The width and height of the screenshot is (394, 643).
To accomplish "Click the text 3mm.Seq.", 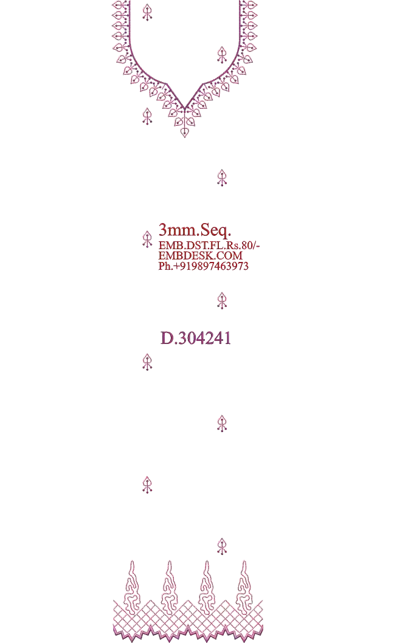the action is [195, 231].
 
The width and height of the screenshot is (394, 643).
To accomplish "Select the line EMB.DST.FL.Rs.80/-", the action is [209, 245].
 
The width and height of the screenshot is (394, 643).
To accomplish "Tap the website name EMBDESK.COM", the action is [200, 255].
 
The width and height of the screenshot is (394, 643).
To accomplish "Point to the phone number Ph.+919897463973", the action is [204, 266].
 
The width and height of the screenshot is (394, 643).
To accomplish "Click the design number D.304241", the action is [196, 339].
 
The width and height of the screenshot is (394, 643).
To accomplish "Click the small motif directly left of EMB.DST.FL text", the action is [147, 239].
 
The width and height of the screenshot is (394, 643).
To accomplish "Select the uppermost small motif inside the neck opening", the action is [147, 12].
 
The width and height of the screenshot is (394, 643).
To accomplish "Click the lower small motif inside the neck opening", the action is [222, 55].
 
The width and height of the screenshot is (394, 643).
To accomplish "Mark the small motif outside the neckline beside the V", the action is [147, 116].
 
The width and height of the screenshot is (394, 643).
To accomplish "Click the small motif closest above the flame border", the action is [222, 546].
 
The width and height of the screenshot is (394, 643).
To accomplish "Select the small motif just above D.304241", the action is [222, 301].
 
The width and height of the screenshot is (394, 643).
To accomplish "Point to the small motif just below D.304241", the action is [147, 362].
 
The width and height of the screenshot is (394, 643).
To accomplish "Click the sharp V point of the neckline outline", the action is [185, 108].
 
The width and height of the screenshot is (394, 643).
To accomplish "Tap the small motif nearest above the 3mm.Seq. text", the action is [222, 177].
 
